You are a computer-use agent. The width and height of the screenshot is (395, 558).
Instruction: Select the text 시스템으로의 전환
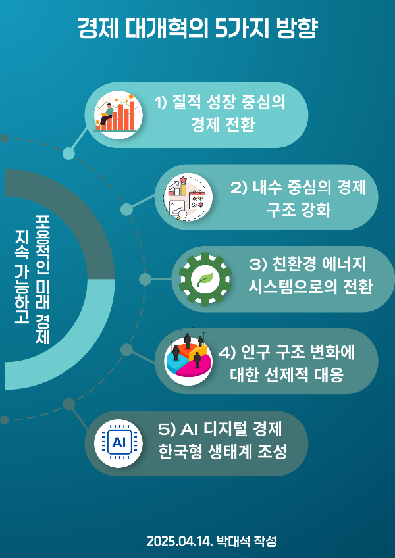(311, 288)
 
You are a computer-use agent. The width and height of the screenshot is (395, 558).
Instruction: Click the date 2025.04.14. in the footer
(180, 542)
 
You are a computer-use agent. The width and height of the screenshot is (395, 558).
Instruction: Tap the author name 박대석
(231, 542)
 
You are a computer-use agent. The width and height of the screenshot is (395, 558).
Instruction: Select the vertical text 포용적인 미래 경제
(43, 278)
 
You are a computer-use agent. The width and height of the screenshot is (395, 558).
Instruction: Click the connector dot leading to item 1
(68, 153)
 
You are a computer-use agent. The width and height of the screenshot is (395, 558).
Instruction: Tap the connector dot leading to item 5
(68, 403)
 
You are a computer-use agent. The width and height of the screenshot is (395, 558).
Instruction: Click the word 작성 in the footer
(264, 542)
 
